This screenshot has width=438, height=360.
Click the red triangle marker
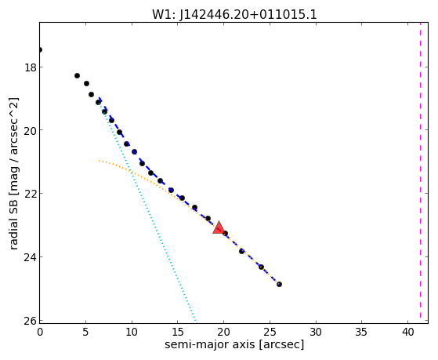[219, 227]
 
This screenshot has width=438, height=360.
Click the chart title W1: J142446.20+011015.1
[234, 15]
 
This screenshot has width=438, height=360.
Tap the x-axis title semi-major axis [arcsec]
[234, 344]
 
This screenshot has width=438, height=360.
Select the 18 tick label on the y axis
[31, 67]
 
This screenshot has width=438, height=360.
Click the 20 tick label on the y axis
[31, 130]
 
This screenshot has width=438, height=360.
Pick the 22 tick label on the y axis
[31, 194]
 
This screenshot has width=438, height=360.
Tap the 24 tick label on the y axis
[31, 257]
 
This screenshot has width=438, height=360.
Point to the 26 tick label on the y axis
[31, 321]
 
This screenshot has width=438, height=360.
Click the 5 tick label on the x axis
[85, 333]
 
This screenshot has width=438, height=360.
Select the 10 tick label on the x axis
[132, 333]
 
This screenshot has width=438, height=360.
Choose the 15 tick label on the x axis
[178, 333]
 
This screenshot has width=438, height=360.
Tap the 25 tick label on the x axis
[270, 333]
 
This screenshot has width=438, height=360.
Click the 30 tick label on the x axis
[316, 333]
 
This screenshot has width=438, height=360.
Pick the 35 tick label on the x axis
[362, 333]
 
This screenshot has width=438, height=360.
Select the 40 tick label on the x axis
[407, 333]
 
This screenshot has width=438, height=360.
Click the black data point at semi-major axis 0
[40, 49]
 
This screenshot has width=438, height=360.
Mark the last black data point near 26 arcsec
[279, 284]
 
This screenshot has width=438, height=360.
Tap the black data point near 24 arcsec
[261, 267]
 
